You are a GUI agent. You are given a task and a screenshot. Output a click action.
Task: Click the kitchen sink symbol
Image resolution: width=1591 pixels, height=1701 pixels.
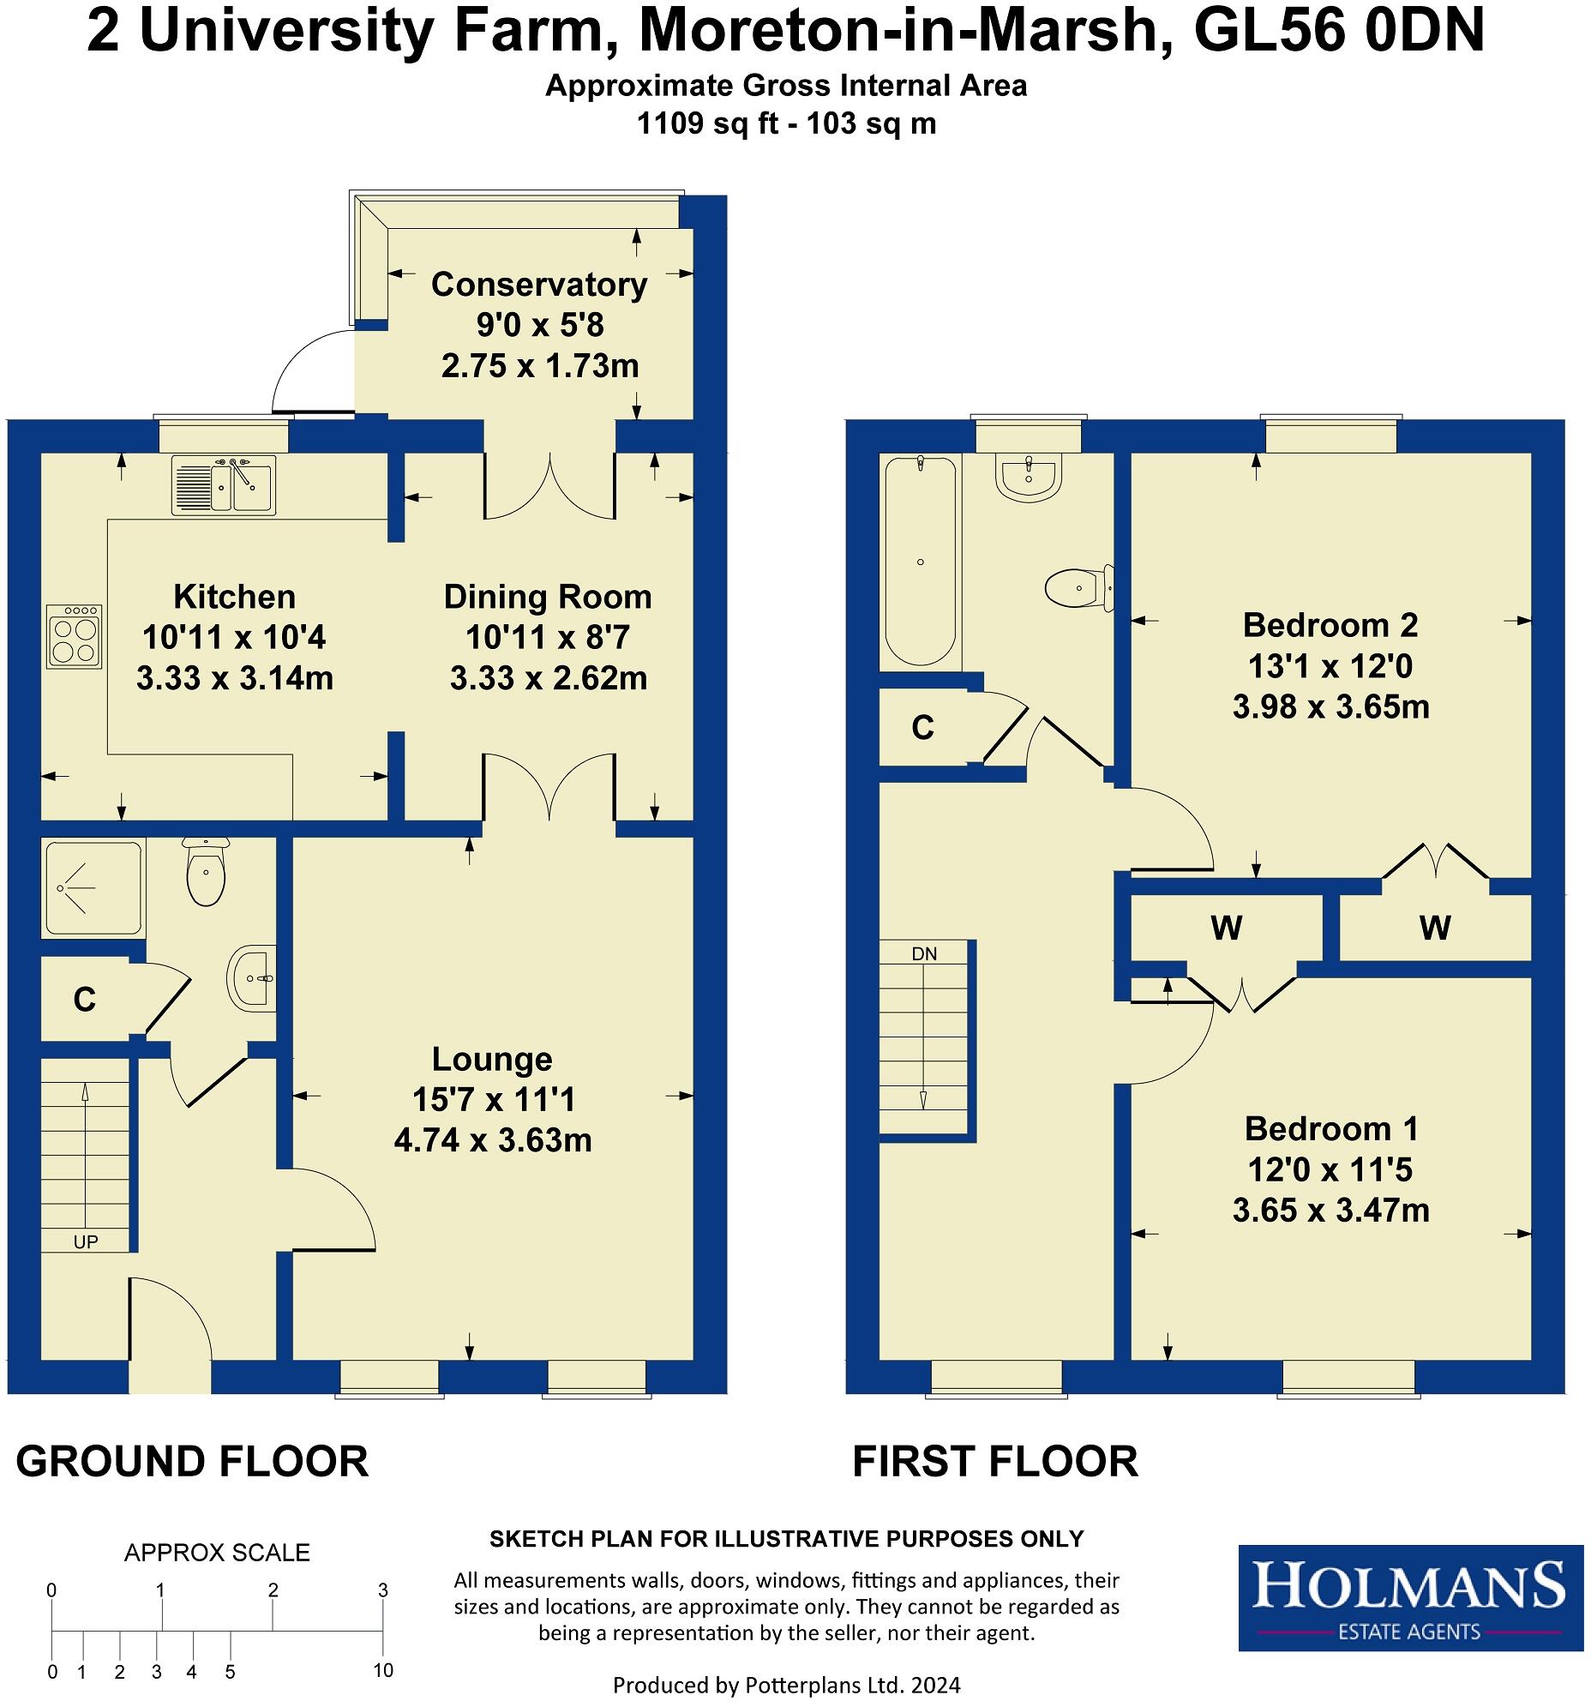(x=224, y=484)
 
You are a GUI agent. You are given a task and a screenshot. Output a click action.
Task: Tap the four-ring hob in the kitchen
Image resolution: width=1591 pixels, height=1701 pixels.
(x=75, y=636)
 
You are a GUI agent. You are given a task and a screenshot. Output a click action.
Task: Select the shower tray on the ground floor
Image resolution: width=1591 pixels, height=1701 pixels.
(x=92, y=887)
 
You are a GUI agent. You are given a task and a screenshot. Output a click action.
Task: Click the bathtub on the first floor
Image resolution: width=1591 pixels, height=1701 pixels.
(x=920, y=561)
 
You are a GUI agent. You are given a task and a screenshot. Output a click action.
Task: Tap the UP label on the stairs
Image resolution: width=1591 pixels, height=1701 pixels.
(x=86, y=1241)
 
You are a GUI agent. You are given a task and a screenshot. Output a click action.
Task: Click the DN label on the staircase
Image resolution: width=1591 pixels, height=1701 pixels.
(x=924, y=953)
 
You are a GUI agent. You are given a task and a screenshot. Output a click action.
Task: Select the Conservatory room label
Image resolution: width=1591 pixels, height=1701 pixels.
(x=538, y=285)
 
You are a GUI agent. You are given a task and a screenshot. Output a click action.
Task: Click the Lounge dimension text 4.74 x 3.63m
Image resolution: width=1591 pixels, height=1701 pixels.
(x=493, y=1140)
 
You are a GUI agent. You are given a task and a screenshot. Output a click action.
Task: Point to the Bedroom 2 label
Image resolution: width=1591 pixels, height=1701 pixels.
(x=1330, y=625)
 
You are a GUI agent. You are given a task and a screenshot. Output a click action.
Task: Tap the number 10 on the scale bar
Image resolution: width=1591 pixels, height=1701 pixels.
(x=382, y=1670)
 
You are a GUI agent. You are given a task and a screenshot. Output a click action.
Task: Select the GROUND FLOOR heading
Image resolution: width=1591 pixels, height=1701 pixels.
(x=192, y=1461)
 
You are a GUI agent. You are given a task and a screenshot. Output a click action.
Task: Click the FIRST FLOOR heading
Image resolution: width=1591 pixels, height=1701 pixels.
(x=994, y=1461)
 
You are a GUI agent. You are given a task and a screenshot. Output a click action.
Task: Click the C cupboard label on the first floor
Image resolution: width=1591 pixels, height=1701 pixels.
(x=922, y=728)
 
